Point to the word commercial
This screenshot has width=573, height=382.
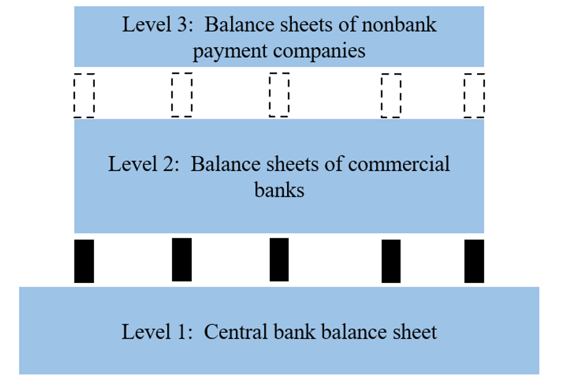[399, 163]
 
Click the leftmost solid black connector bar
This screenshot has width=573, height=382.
[84, 261]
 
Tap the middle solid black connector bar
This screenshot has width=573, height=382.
[279, 260]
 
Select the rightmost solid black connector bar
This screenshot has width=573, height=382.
[474, 261]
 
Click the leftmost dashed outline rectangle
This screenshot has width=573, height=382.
[84, 95]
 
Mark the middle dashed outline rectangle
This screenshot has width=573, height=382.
[279, 94]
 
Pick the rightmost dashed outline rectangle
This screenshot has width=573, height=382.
[474, 95]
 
